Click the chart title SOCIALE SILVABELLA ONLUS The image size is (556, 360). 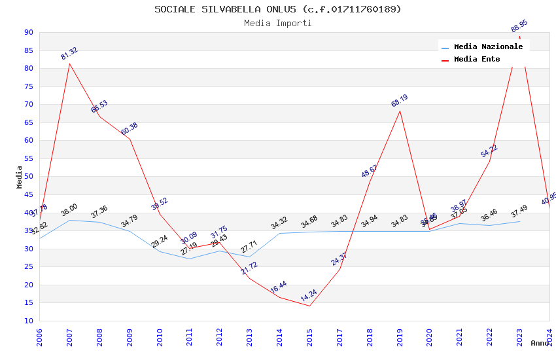[278, 9]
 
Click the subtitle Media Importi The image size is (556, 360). [278, 23]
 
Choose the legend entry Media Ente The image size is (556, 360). [477, 60]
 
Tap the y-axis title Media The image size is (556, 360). [20, 177]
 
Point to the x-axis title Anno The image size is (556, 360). [540, 343]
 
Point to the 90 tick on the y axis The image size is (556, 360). [28, 33]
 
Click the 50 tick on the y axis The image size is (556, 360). [28, 177]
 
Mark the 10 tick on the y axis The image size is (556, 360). [28, 321]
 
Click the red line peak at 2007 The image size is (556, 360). [69, 63]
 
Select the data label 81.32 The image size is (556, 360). [69, 54]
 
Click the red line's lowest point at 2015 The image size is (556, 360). [310, 306]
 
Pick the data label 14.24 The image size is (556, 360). [309, 296]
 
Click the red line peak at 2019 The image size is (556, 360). [400, 111]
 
